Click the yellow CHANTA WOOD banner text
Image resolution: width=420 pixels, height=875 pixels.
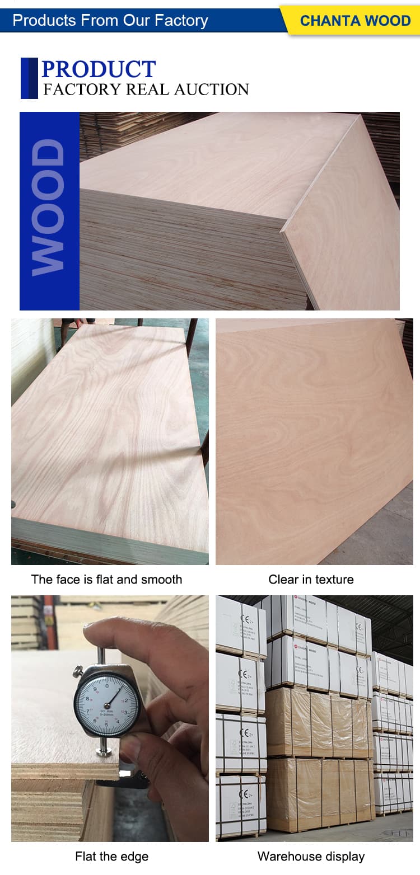click(x=355, y=21)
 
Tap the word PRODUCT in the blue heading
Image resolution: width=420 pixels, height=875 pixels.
click(x=99, y=69)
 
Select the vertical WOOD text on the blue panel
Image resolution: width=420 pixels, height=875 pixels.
click(x=49, y=208)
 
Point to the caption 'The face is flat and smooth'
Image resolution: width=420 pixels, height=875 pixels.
click(x=106, y=579)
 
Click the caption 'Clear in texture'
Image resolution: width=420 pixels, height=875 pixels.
click(x=311, y=579)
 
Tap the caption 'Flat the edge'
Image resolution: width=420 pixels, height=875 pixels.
click(x=112, y=856)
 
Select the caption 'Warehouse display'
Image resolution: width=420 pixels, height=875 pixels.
click(x=311, y=856)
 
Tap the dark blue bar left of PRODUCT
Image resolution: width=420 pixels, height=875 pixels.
click(x=29, y=78)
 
